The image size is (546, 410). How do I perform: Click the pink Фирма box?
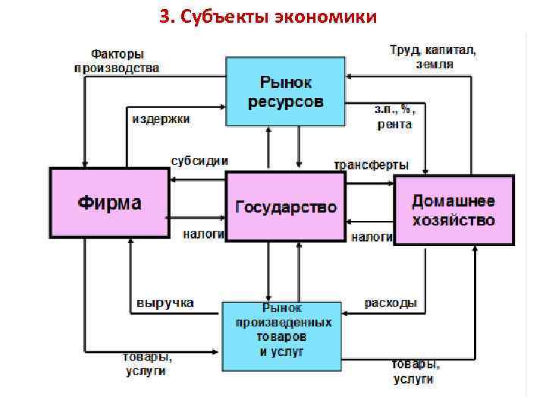pyautogui.click(x=109, y=203)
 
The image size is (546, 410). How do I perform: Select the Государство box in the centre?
pyautogui.click(x=286, y=207)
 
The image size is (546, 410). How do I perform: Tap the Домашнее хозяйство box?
pyautogui.click(x=453, y=210)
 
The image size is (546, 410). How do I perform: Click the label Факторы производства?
pyautogui.click(x=117, y=61)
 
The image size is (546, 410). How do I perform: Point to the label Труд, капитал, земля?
pyautogui.click(x=433, y=57)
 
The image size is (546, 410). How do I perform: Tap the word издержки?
pyautogui.click(x=161, y=119)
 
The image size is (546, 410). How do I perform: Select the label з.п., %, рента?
pyautogui.click(x=395, y=117)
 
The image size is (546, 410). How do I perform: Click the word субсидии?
pyautogui.click(x=199, y=161)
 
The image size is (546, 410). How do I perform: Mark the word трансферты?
pyautogui.click(x=372, y=165)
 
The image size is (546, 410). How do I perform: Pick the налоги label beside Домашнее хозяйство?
pyautogui.click(x=372, y=238)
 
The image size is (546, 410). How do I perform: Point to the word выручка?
pyautogui.click(x=165, y=302)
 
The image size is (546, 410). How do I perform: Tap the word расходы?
pyautogui.click(x=391, y=303)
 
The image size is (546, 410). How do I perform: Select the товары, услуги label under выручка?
pyautogui.click(x=147, y=364)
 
